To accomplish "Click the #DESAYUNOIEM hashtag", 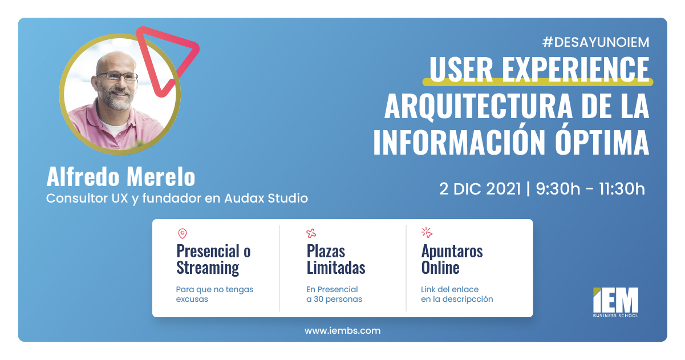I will (x=595, y=42).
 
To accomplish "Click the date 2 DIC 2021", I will (x=480, y=189).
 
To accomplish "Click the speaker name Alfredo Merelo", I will (x=120, y=177).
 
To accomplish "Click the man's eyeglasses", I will (x=117, y=76).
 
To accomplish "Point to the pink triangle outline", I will (x=168, y=54).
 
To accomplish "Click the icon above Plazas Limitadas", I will (x=311, y=233).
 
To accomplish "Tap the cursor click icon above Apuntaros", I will (x=427, y=232).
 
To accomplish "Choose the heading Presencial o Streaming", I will (x=213, y=259).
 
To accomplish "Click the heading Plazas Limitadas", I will (x=335, y=259).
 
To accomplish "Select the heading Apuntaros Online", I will (x=452, y=259).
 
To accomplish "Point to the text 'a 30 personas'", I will (x=334, y=299).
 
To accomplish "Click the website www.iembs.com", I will (x=342, y=330).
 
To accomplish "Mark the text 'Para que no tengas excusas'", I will (x=214, y=294).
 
